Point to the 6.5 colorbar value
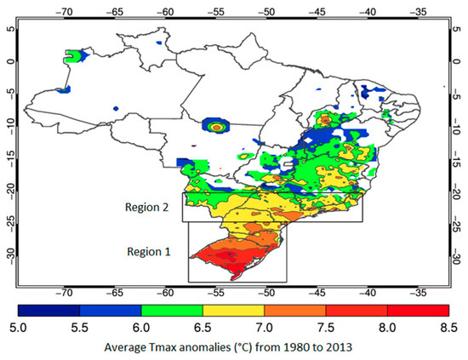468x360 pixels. click(205, 327)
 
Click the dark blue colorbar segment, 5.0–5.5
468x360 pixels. click(51, 307)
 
